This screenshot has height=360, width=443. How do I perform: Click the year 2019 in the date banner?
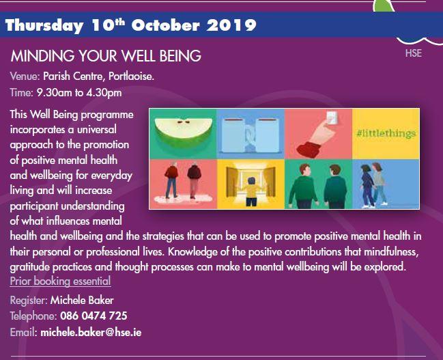(231, 25)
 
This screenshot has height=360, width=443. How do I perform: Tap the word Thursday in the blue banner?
(44, 26)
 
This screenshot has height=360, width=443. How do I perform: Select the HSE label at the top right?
(414, 53)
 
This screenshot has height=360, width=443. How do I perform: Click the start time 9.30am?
(54, 93)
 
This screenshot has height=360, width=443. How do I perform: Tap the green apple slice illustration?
(184, 133)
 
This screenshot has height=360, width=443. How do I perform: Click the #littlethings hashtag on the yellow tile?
(386, 133)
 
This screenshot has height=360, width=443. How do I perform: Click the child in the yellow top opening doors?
(251, 191)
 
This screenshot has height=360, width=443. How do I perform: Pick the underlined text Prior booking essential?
(60, 281)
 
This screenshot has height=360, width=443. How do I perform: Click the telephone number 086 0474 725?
(94, 316)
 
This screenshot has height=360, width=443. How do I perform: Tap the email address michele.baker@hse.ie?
(91, 332)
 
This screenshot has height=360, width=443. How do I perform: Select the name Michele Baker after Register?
(82, 301)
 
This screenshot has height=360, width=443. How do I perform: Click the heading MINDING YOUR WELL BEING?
(106, 56)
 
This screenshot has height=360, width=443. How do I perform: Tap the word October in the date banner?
(166, 25)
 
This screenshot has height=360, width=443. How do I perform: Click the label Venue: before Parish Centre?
(25, 77)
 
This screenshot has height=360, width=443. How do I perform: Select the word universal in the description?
(97, 130)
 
